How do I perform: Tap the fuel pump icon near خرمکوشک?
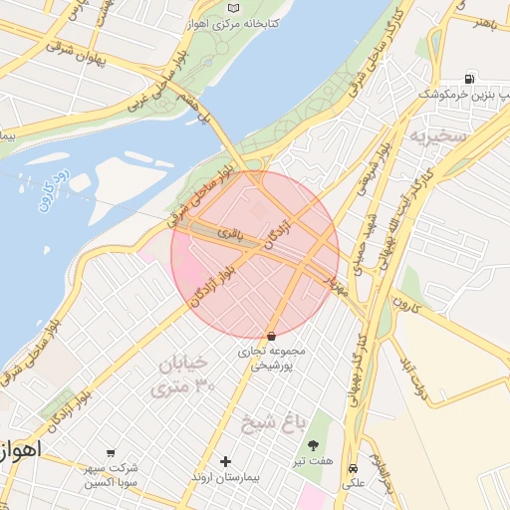[468, 79]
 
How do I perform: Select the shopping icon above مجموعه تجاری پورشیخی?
[272, 336]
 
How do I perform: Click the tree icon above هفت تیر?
[315, 445]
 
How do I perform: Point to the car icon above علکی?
[354, 468]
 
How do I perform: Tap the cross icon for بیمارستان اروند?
[225, 461]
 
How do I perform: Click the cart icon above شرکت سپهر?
[111, 452]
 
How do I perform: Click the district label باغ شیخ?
[271, 425]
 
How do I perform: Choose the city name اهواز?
[20, 449]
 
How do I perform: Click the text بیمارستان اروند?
[225, 479]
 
